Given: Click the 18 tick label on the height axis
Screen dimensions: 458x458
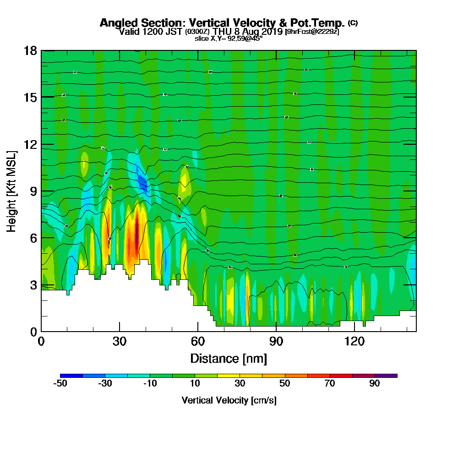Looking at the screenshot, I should tap(30, 50).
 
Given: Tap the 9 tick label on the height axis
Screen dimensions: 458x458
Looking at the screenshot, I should tap(33, 191).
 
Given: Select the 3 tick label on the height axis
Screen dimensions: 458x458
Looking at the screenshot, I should tap(33, 285).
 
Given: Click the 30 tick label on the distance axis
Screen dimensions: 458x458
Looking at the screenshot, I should tap(120, 341).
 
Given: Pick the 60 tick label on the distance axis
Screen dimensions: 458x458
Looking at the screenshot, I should tap(198, 341).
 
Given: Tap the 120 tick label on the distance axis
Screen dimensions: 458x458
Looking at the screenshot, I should tap(354, 341).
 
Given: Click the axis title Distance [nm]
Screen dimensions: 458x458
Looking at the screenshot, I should tap(229, 358).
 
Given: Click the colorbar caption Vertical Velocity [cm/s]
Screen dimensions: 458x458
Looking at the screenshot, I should tap(229, 400).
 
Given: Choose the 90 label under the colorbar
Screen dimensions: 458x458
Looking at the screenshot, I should tap(375, 384).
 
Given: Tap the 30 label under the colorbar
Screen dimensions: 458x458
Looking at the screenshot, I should tap(240, 384).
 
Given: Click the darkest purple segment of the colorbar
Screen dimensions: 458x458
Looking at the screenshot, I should tap(386, 376).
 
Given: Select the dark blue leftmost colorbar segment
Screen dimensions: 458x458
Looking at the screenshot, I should tap(71, 376).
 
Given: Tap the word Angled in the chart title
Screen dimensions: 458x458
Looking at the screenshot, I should tap(116, 23).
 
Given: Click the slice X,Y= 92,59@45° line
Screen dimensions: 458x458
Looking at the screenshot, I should tap(229, 39).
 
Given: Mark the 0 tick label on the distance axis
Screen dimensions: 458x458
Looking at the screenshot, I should tap(41, 341).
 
